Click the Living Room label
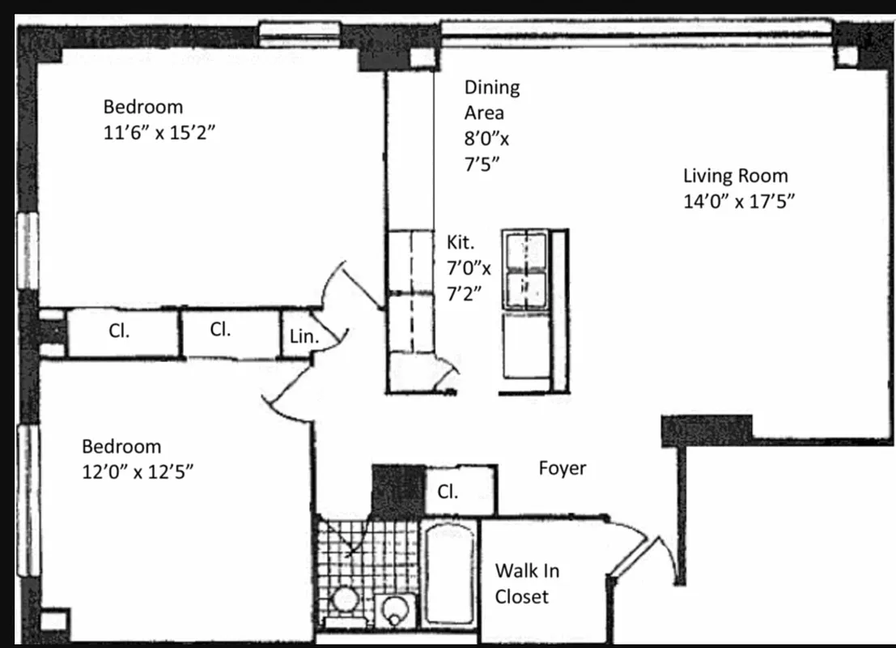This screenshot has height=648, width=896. (735, 176)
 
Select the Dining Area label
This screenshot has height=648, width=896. (492, 100)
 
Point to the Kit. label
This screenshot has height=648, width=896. (461, 241)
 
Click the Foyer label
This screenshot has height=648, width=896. (562, 467)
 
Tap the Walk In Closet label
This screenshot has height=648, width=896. (526, 583)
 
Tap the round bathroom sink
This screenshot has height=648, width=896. (396, 610)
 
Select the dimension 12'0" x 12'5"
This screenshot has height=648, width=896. (137, 471)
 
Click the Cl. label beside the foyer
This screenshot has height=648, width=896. (448, 492)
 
